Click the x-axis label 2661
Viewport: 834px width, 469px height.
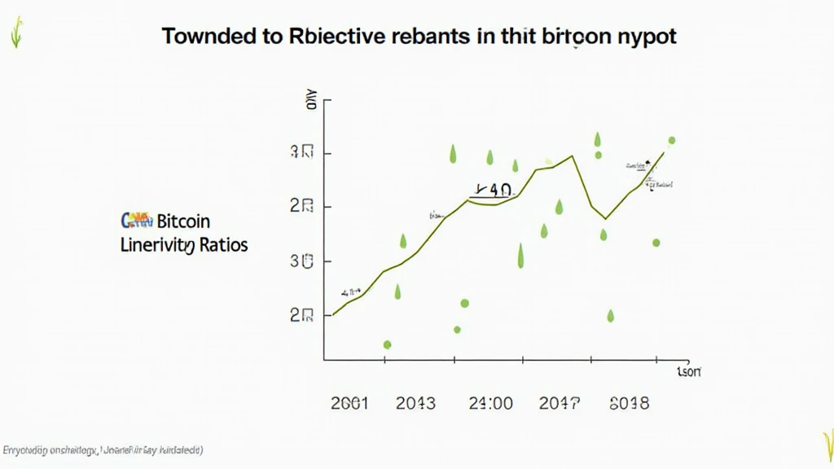point(350,403)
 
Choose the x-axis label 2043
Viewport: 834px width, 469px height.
point(415,403)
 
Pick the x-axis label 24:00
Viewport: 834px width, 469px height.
point(490,403)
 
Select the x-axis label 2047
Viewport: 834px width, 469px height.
point(560,403)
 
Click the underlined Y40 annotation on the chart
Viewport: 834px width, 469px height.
point(492,191)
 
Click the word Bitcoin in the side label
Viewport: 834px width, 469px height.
point(183,221)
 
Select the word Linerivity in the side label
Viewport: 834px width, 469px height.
point(157,244)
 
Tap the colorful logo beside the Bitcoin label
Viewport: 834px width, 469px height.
point(136,220)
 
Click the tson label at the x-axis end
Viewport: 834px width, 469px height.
point(689,372)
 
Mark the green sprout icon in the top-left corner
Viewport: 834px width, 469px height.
point(15,33)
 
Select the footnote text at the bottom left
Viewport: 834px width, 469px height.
point(103,449)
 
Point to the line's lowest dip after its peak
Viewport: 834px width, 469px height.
point(605,218)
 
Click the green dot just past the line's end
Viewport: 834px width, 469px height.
point(672,141)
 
